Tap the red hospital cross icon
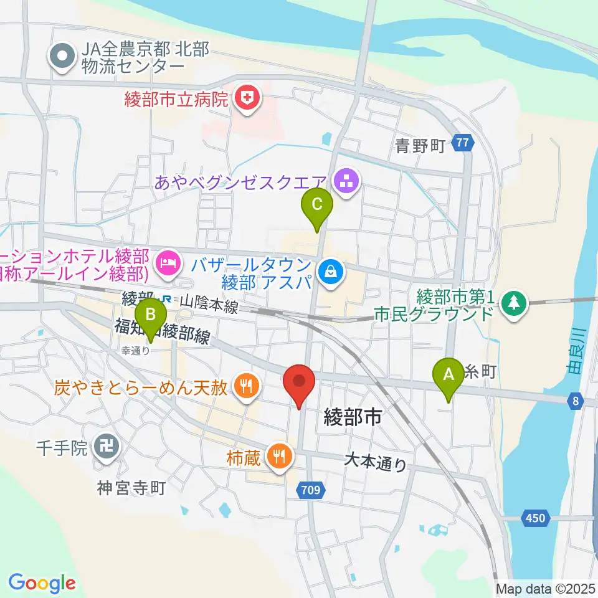[x=248, y=98]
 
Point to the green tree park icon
[x=513, y=303]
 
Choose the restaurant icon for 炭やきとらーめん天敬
[x=245, y=387]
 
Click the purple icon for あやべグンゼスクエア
[x=344, y=182]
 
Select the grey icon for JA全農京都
[x=62, y=57]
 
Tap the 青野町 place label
[x=420, y=146]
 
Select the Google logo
[x=42, y=583]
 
